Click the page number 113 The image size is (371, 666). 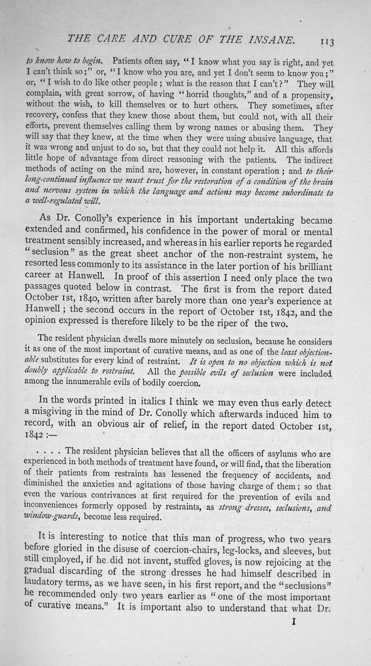[x=330, y=41]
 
